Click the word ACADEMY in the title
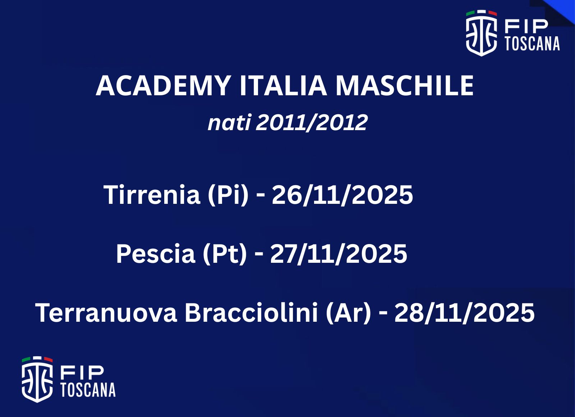coord(163,86)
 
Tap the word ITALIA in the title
coord(283,86)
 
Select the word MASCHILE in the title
coord(405,86)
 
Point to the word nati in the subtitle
coord(229,122)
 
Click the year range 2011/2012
coord(312,123)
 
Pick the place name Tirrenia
coord(152,194)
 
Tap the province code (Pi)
coord(228,195)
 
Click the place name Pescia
coord(156,254)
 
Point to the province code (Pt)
coord(225,255)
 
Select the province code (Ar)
coord(348,313)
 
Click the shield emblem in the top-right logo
coord(481,33)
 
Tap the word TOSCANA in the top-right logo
coord(533,43)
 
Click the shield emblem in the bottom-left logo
coord(37,380)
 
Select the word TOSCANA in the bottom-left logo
coord(88,390)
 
